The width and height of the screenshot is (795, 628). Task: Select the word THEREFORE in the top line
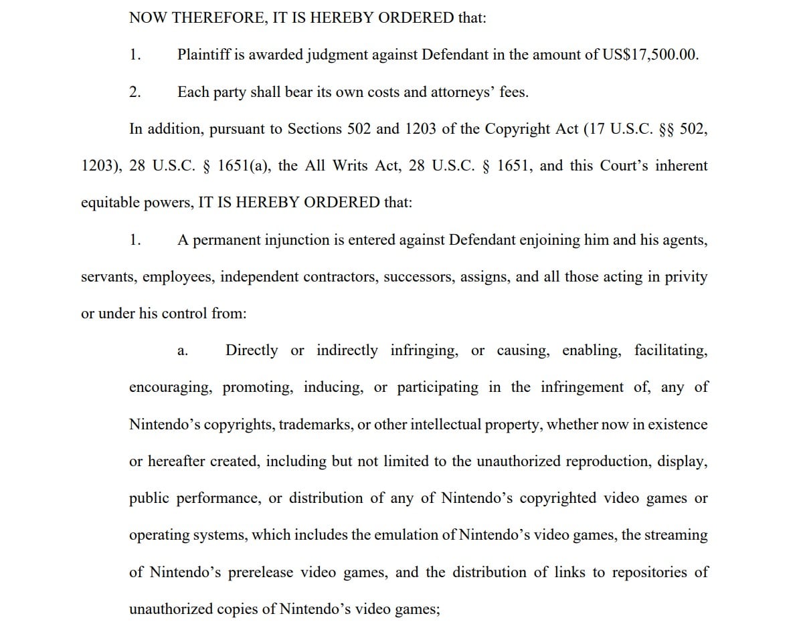(x=215, y=18)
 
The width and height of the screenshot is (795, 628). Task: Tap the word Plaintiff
(x=204, y=56)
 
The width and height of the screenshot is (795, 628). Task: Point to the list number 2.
(x=135, y=92)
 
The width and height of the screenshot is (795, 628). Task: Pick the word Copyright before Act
(x=518, y=129)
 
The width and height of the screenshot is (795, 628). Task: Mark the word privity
(x=686, y=277)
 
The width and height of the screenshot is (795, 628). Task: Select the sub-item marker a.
(x=182, y=351)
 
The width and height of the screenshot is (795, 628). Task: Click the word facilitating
(x=671, y=350)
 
